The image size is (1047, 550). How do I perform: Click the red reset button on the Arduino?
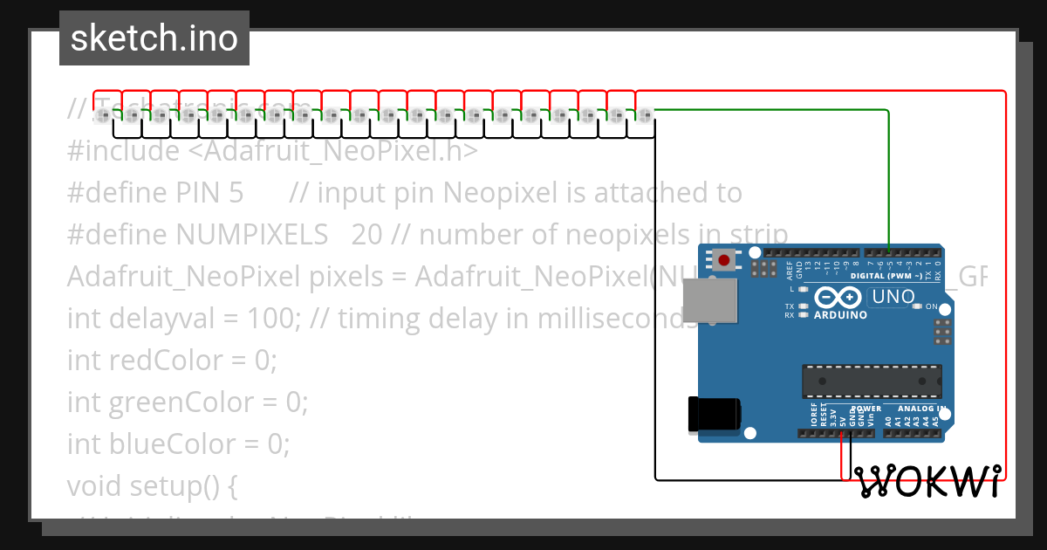pyautogui.click(x=723, y=258)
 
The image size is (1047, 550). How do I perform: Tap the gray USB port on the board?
pyautogui.click(x=708, y=301)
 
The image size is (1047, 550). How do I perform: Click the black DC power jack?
pyautogui.click(x=713, y=414)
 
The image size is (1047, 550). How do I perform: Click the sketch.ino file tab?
pyautogui.click(x=154, y=38)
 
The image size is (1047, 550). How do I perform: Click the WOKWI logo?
pyautogui.click(x=927, y=481)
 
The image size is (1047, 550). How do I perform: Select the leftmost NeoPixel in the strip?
pyautogui.click(x=103, y=114)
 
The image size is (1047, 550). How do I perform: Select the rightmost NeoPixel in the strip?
pyautogui.click(x=645, y=114)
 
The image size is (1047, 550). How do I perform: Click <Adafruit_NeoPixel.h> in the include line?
pyautogui.click(x=332, y=150)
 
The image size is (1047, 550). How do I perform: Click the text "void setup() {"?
pyautogui.click(x=152, y=485)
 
